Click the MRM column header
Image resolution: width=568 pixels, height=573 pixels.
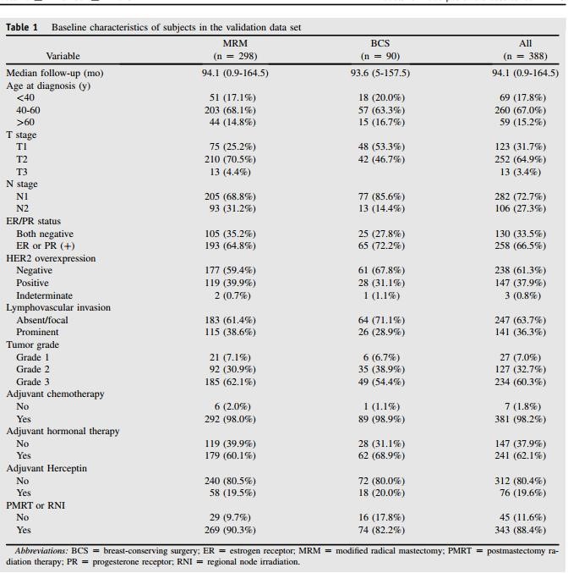(234, 41)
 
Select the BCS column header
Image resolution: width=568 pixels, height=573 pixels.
(380, 41)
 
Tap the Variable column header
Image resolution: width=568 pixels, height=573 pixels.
(63, 56)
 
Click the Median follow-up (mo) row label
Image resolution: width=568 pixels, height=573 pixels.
(55, 73)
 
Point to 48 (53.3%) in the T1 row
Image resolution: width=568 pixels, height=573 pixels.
(380, 146)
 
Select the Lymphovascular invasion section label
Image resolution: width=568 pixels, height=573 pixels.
(58, 307)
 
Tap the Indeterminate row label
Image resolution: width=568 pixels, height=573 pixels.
(44, 295)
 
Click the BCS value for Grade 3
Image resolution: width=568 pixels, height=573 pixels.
(380, 382)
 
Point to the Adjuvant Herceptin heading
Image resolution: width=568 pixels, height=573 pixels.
(46, 468)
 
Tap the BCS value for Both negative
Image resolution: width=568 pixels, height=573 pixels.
(380, 234)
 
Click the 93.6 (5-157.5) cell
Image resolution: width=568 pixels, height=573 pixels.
(380, 73)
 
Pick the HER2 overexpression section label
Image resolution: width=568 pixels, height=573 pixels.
(51, 258)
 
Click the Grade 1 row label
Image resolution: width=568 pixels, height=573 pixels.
(34, 357)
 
